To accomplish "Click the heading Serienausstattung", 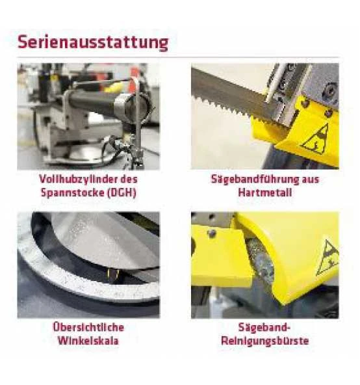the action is (93, 42).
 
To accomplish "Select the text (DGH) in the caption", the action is (122, 192).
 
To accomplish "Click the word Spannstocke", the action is (72, 192).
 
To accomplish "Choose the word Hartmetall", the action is (265, 192).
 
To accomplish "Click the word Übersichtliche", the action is (88, 327).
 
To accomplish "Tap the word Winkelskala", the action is (88, 341).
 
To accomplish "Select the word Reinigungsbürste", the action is (264, 341).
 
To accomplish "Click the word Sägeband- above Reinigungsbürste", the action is (264, 328).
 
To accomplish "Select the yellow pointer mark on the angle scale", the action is (113, 274).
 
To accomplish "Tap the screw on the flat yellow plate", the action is (211, 233).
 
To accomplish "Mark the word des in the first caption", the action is (129, 179).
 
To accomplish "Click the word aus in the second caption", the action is (311, 179).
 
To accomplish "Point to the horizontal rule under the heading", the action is (179, 57).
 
